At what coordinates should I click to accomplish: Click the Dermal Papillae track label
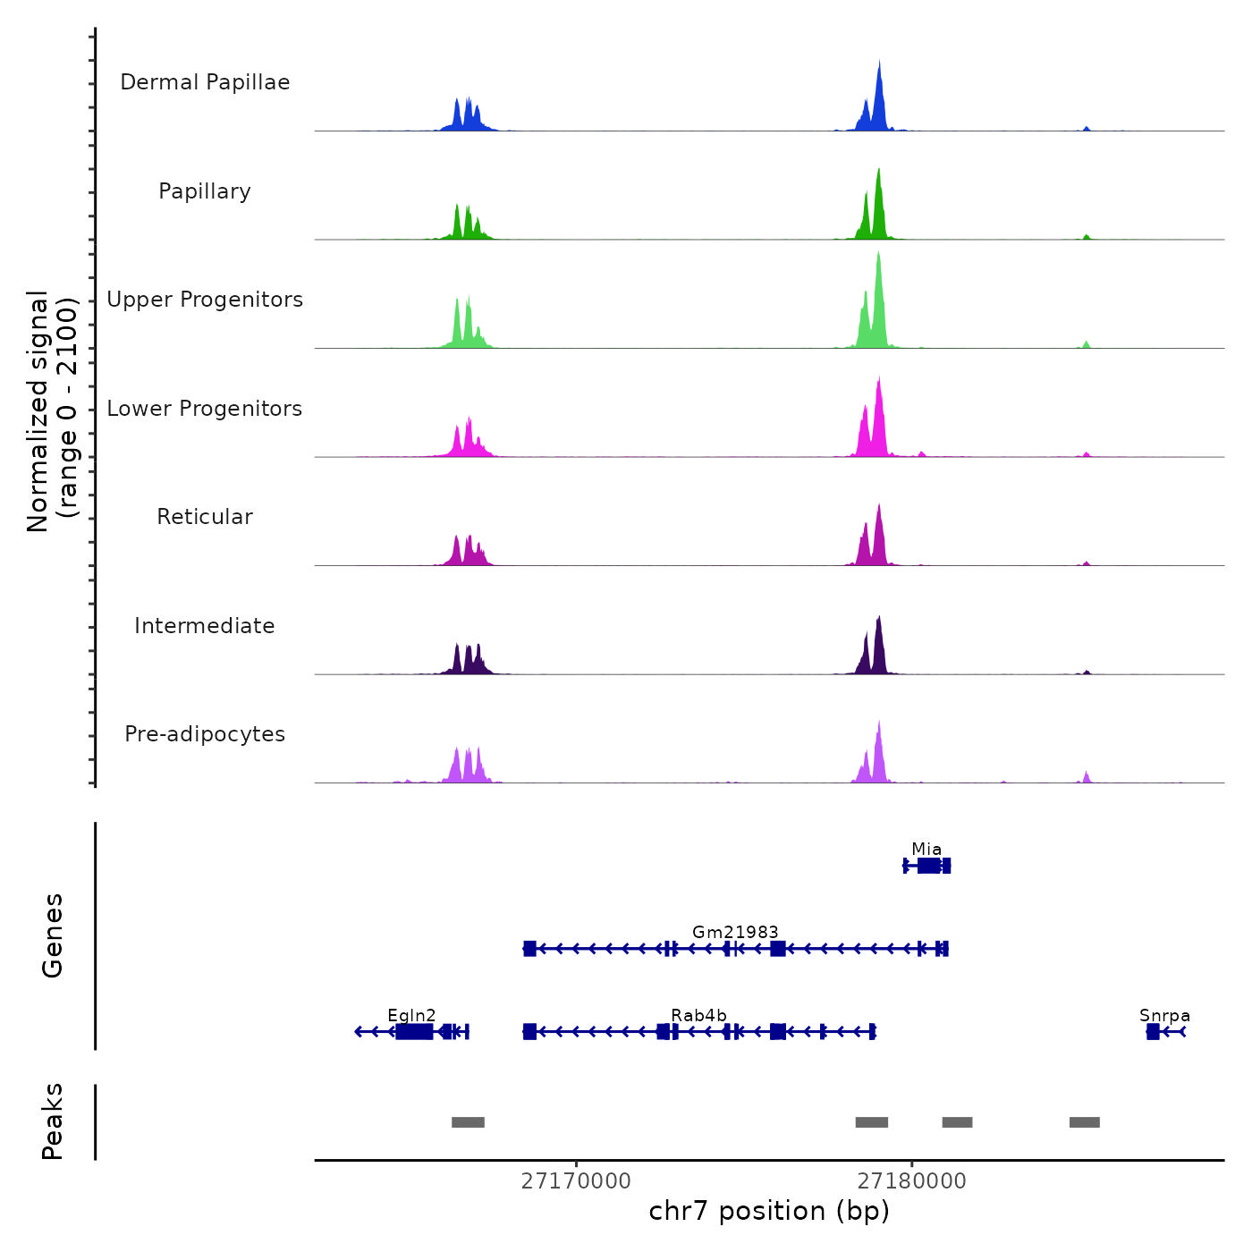[205, 82]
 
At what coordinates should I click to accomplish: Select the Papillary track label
[205, 191]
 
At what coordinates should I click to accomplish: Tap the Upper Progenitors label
[205, 300]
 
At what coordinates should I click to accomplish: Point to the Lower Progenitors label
[205, 409]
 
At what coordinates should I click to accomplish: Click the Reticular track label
[205, 517]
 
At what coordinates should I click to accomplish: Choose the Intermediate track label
[205, 626]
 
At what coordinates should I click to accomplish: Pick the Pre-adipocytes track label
[205, 734]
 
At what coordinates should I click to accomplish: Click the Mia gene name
[926, 849]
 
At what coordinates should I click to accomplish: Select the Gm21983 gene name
[735, 932]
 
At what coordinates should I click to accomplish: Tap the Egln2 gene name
[411, 1015]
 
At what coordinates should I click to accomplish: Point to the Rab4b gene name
[698, 1015]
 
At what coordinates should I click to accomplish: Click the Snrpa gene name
[1164, 1015]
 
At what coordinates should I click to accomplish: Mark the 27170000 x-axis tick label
[576, 1180]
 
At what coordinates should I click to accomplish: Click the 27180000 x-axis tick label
[911, 1180]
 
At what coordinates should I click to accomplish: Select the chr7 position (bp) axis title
[769, 1211]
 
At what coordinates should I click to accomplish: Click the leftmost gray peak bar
[468, 1122]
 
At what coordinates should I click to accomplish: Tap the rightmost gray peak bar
[1085, 1122]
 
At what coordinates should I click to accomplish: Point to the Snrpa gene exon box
[1153, 1032]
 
